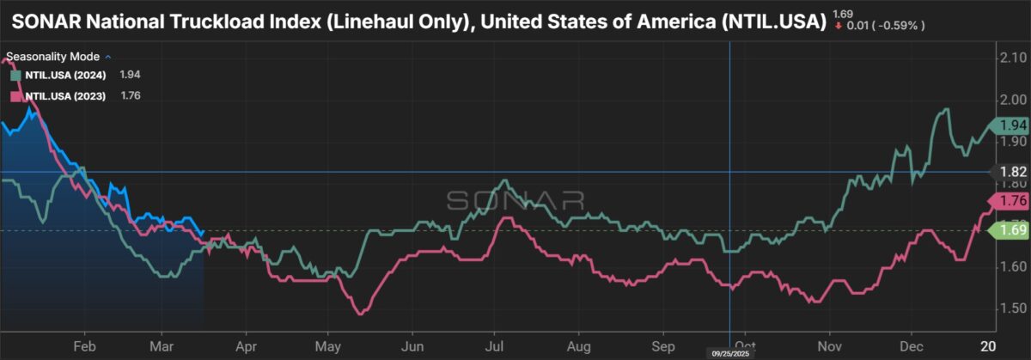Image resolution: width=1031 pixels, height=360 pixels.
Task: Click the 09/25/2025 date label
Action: (729, 353)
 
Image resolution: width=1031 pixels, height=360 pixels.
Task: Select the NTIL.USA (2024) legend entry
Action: (65, 76)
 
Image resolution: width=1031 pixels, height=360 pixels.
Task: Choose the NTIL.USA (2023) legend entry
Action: (65, 96)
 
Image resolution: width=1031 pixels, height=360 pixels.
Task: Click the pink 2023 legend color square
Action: (15, 96)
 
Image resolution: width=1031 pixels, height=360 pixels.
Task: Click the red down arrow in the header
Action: (838, 26)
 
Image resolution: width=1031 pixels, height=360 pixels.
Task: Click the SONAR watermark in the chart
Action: (515, 200)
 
